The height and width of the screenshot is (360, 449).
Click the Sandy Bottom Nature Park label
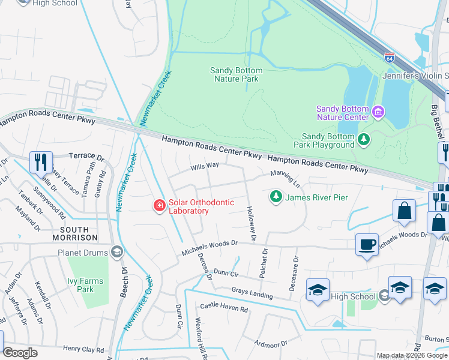(x=237, y=74)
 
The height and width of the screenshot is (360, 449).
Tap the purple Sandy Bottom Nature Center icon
(x=378, y=112)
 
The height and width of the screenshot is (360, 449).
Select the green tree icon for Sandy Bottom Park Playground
(x=363, y=140)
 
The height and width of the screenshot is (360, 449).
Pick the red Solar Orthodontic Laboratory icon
(x=160, y=206)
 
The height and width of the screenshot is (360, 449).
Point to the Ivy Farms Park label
(x=85, y=285)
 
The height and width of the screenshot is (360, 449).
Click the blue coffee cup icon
(x=367, y=245)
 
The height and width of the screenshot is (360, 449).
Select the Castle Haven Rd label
(x=224, y=308)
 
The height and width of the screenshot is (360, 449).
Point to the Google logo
(x=20, y=353)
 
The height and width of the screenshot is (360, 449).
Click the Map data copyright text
(x=412, y=355)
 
